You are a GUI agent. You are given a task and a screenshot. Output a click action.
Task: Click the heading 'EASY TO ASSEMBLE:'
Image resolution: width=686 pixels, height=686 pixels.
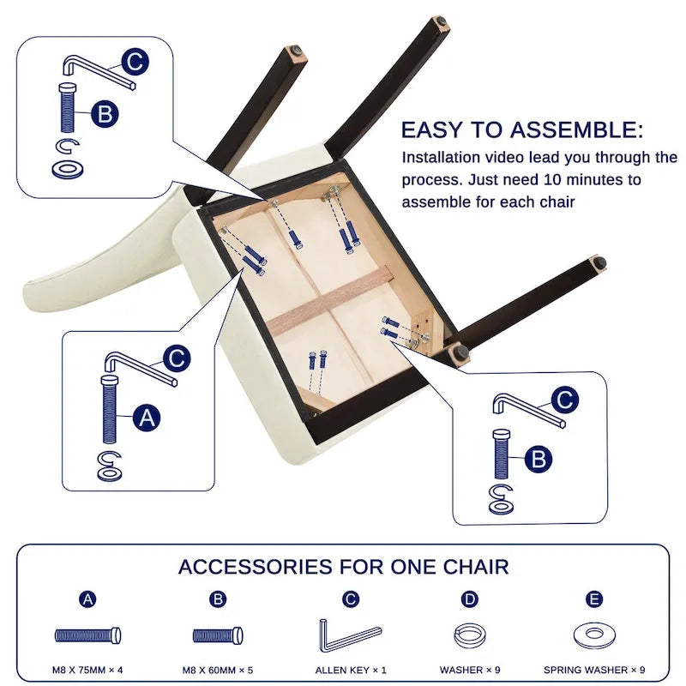point(522,130)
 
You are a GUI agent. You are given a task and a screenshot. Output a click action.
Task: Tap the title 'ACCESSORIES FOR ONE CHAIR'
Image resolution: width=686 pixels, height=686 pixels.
point(344,567)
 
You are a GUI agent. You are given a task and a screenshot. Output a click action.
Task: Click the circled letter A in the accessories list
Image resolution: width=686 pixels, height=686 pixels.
point(88,599)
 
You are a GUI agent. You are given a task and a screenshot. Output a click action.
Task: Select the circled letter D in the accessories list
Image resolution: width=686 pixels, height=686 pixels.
point(470,599)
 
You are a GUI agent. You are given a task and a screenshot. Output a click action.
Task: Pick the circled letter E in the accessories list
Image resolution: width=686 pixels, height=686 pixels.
point(594,599)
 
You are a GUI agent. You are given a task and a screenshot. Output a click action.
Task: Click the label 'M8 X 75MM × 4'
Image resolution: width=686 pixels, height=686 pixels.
point(87,670)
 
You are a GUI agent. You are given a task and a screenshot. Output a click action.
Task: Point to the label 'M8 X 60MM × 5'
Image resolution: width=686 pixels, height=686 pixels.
point(218,670)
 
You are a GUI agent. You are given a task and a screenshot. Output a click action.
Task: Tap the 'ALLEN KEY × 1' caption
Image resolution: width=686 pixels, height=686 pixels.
point(351,670)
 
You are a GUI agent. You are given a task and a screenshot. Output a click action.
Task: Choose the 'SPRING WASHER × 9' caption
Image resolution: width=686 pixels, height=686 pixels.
point(594,670)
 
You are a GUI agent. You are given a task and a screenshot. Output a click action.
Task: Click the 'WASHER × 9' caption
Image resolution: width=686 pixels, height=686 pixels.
point(470,670)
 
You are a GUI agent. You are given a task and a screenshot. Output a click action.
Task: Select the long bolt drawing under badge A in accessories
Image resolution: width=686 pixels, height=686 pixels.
point(88,635)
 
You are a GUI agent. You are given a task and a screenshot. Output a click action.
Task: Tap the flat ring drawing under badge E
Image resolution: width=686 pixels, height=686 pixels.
point(594,635)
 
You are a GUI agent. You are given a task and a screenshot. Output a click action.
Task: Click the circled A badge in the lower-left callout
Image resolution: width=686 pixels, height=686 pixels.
point(147,418)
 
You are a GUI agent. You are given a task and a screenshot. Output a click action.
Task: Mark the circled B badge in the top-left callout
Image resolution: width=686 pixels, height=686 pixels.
point(105,114)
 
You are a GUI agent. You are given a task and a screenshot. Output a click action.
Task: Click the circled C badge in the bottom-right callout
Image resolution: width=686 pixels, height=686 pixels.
point(564,400)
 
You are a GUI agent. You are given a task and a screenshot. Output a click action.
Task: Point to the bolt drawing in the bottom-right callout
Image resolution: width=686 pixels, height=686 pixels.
point(502,454)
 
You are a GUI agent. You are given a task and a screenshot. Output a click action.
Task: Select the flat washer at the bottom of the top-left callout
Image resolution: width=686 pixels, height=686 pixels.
point(67,169)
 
